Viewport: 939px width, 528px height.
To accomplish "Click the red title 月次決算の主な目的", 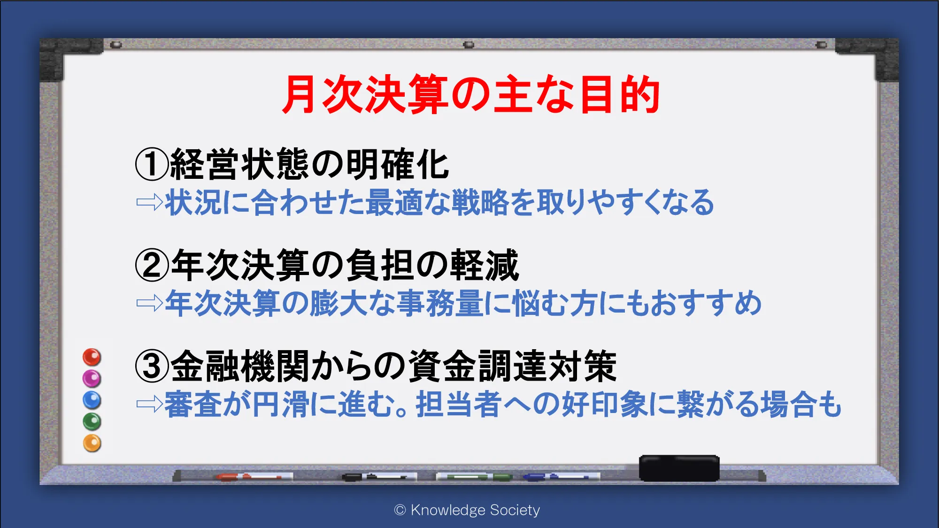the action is [x=471, y=95].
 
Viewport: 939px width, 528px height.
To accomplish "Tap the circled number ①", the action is [x=152, y=164].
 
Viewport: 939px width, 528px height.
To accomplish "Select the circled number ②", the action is [x=152, y=265].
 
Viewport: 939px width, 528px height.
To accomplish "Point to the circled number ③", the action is [x=152, y=366].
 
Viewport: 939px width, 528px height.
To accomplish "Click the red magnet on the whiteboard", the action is [x=92, y=357].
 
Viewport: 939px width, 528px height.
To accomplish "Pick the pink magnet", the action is [x=92, y=378].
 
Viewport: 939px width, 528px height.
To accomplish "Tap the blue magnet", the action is [x=92, y=400].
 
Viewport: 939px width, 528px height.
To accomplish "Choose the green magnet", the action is [x=92, y=421].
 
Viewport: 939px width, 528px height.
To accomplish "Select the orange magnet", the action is [x=92, y=443].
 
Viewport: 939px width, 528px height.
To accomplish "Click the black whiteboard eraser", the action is [x=679, y=468].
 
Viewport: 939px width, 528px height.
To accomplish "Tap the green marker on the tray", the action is [x=474, y=477].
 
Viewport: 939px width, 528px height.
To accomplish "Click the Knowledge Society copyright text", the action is [x=467, y=510].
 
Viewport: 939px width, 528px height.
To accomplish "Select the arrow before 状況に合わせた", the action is [x=150, y=202].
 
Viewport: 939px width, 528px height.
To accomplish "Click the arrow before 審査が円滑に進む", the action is [x=150, y=404].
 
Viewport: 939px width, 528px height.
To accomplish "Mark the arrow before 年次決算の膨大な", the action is [x=150, y=303].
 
